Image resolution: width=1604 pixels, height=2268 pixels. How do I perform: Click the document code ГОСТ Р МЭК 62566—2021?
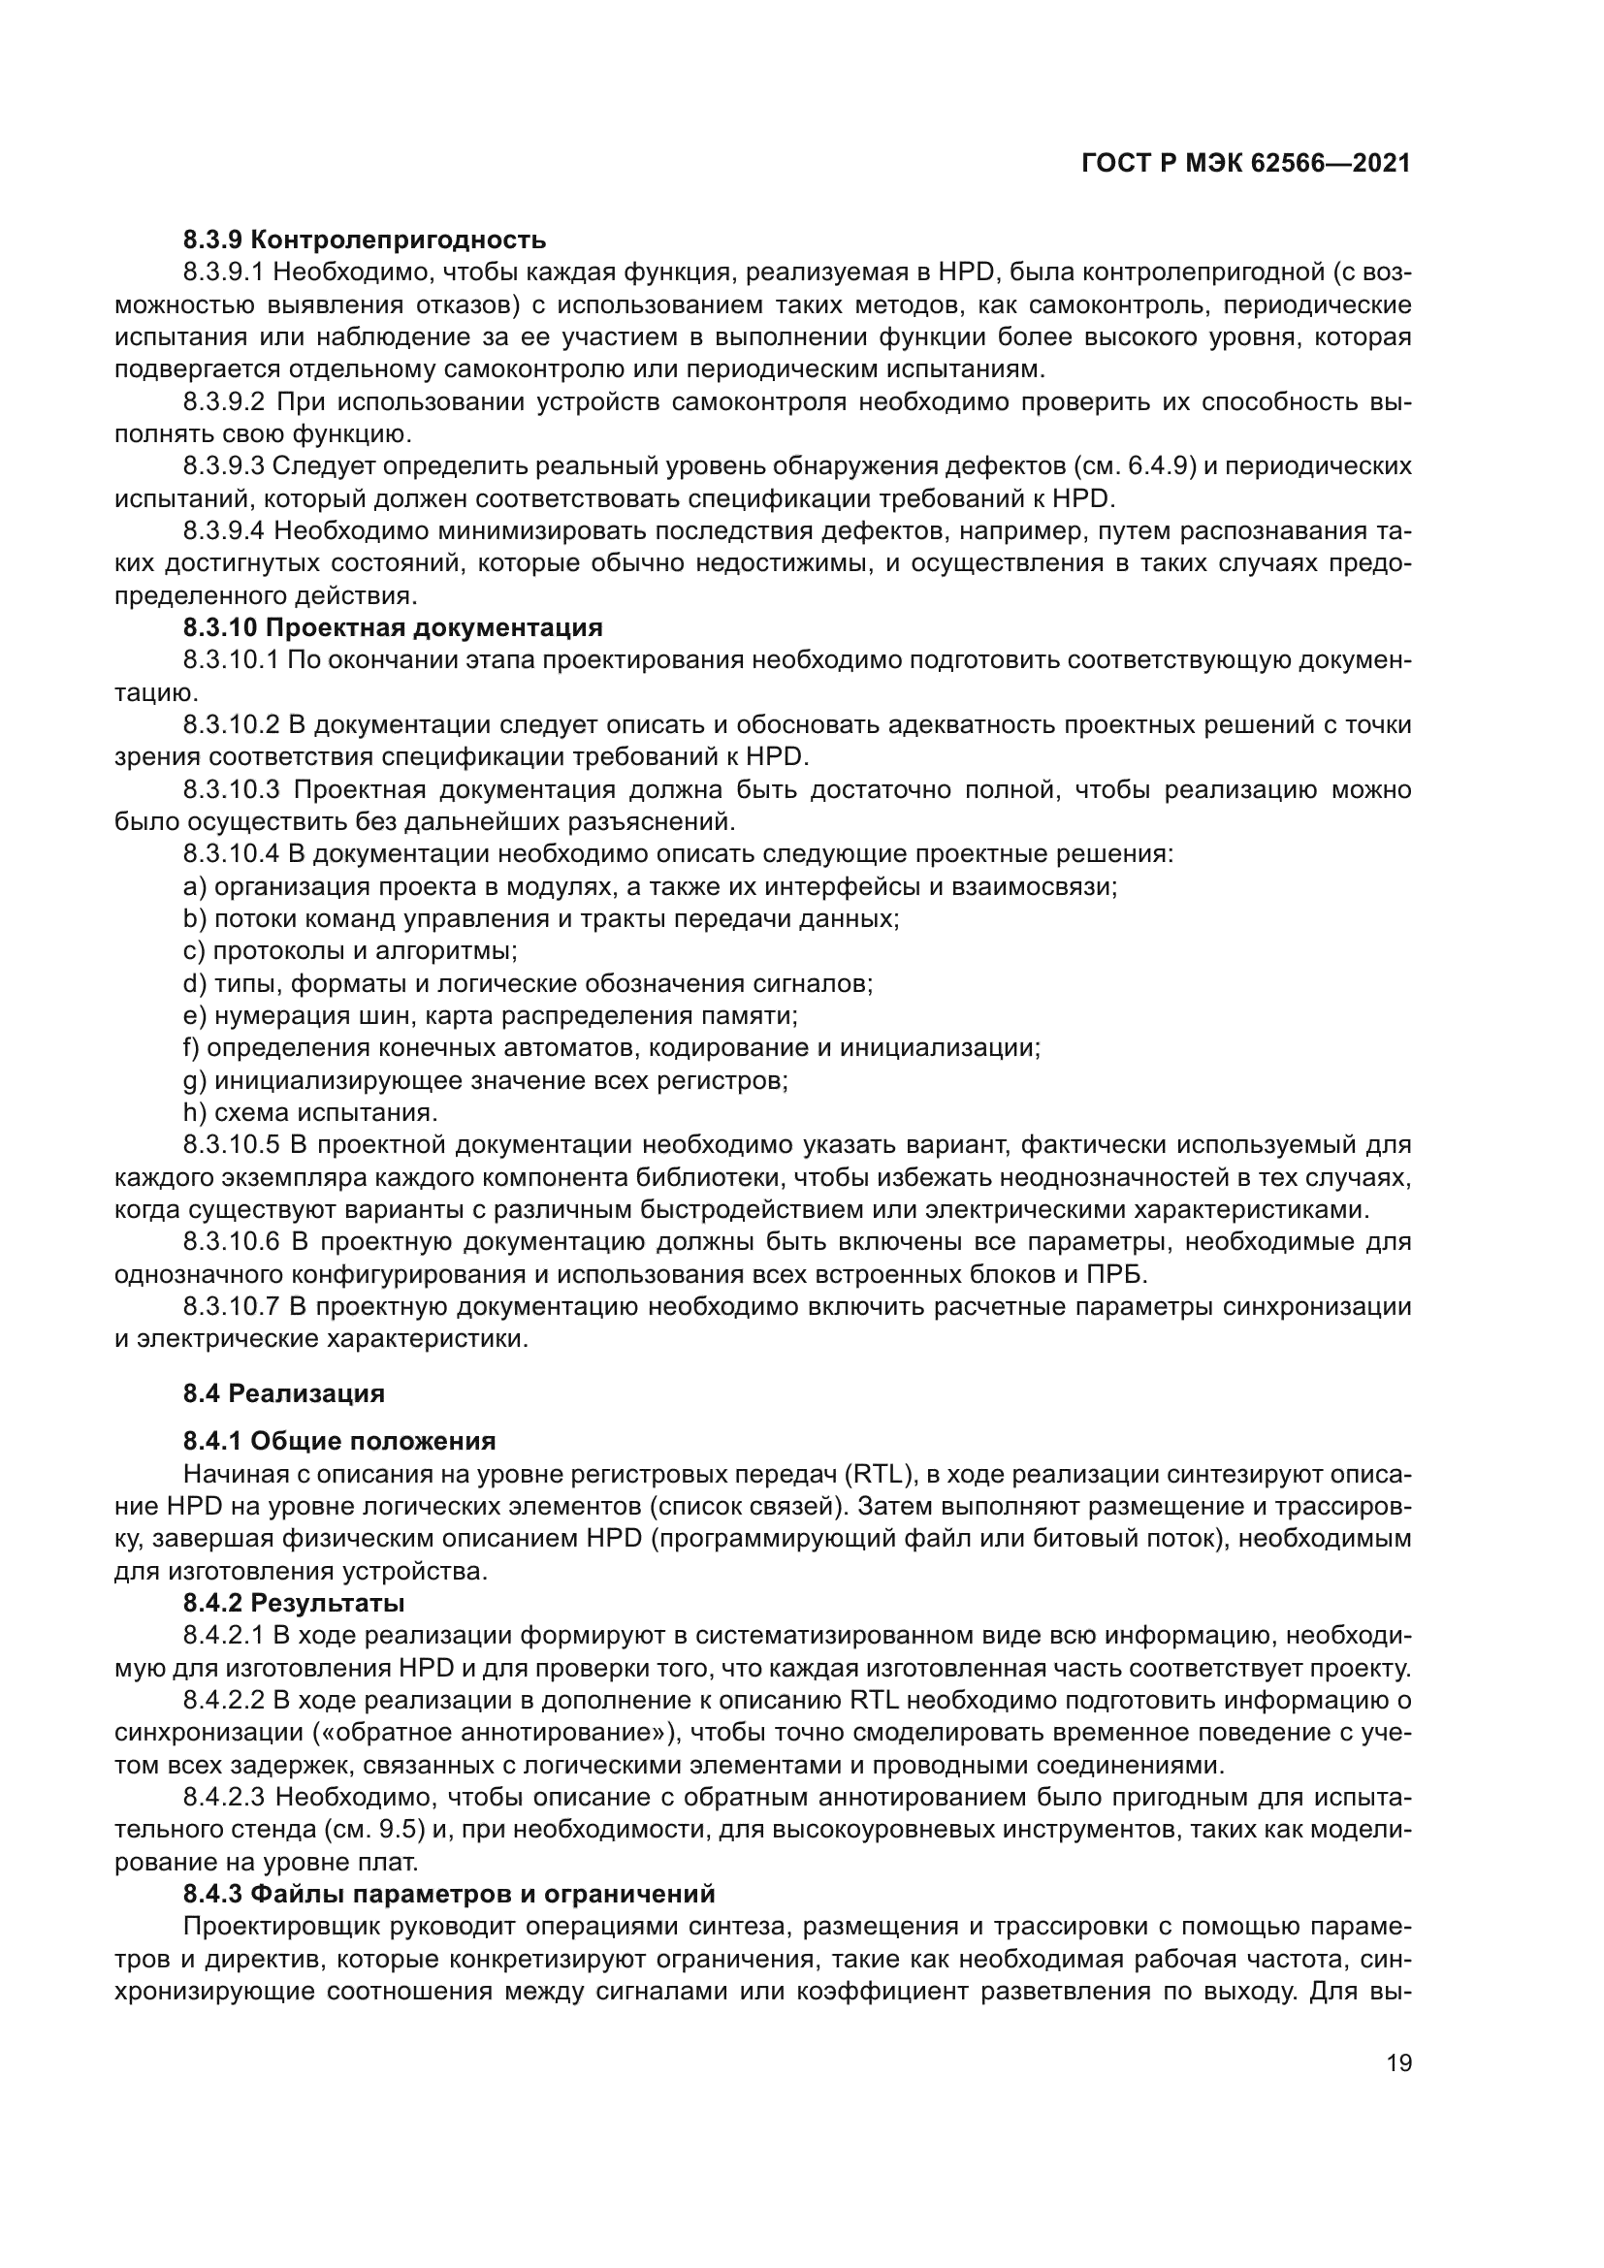[x=1245, y=164]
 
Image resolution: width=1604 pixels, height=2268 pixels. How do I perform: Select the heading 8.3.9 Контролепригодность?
[x=364, y=240]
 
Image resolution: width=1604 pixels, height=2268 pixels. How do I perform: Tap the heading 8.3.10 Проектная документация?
[x=392, y=628]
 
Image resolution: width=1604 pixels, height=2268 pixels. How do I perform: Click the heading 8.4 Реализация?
[x=283, y=1393]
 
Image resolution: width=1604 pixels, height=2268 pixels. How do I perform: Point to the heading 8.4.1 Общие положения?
[x=338, y=1441]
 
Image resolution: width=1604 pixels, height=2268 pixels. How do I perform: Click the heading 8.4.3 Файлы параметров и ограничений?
[x=448, y=1894]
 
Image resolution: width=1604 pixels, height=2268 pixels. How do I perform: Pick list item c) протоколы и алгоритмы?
[x=351, y=951]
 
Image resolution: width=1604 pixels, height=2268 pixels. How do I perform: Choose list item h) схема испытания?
[x=310, y=1113]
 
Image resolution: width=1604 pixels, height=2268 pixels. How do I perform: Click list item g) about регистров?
[x=485, y=1080]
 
